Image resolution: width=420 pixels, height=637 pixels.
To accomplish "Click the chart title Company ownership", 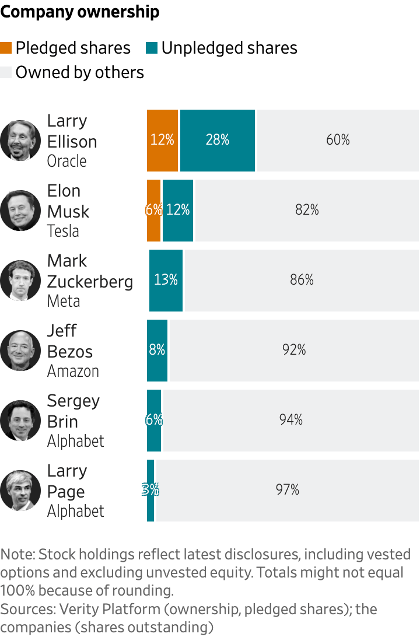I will point(80,12).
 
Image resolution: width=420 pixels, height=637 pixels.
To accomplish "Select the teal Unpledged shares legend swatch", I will point(152,48).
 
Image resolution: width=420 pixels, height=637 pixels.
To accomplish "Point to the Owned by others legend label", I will point(79,72).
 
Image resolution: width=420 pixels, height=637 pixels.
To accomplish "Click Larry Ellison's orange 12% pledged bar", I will point(162,140).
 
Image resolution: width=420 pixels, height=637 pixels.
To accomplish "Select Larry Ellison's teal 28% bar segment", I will point(218,140).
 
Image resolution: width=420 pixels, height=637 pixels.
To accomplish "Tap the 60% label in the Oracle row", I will point(338,140).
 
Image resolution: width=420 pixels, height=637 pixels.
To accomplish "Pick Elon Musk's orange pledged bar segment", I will point(153,210).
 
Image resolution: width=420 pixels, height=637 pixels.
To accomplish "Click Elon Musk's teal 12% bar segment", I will point(178,210).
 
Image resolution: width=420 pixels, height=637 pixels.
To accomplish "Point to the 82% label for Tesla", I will point(307,210).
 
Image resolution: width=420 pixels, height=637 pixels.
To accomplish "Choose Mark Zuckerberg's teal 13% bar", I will point(166,280).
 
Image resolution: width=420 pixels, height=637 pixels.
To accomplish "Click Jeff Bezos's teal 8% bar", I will point(157,350).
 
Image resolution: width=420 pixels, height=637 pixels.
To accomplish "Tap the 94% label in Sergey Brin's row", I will point(290,420).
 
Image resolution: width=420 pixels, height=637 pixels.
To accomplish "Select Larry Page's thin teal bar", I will point(150,490).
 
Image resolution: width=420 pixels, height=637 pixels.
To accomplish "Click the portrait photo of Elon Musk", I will point(20,210).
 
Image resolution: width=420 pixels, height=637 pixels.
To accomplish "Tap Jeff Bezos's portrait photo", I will point(20,350).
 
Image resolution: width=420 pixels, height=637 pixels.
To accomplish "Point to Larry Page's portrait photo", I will point(20,490).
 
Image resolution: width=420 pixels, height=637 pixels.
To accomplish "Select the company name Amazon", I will point(73,371).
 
